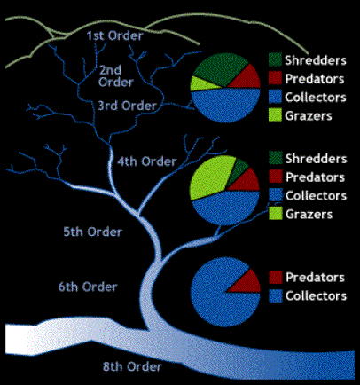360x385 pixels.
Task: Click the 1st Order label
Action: tap(114, 35)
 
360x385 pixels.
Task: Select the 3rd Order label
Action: tap(127, 106)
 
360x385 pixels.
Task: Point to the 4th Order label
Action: tap(147, 161)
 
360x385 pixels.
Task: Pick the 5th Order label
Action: tap(93, 232)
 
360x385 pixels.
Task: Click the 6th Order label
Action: tap(88, 287)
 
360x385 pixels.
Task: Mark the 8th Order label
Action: tap(132, 366)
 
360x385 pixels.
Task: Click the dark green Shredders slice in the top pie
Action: tap(219, 69)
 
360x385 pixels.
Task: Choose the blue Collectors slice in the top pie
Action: tap(226, 105)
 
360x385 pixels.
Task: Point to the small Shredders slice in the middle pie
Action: tap(239, 170)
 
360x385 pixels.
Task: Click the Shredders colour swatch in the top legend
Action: tap(275, 59)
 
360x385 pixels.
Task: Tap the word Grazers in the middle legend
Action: tap(309, 215)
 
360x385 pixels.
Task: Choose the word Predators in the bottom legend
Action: tap(316, 278)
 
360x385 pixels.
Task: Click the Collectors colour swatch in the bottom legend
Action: tap(276, 295)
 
